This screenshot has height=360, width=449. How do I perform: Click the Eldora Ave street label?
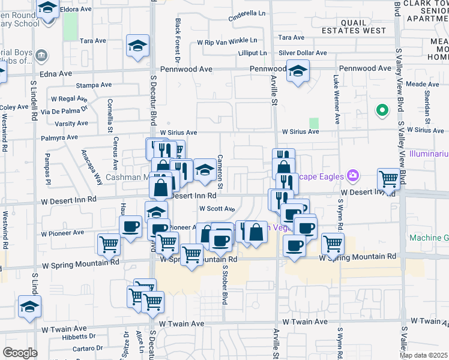[x=77, y=10]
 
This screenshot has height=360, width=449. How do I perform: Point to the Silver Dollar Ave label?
[x=303, y=53]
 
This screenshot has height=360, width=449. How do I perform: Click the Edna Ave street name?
[x=56, y=73]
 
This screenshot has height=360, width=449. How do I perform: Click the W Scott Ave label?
[x=217, y=209]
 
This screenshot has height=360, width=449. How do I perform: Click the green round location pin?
[x=381, y=110]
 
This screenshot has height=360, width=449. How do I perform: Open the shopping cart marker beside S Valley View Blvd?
[x=388, y=178]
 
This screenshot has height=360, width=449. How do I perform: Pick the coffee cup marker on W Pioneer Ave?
[x=130, y=227]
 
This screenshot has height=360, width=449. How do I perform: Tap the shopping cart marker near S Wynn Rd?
[x=333, y=243]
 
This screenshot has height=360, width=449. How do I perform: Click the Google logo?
[x=20, y=353]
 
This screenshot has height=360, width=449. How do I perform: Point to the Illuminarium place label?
[x=429, y=154]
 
